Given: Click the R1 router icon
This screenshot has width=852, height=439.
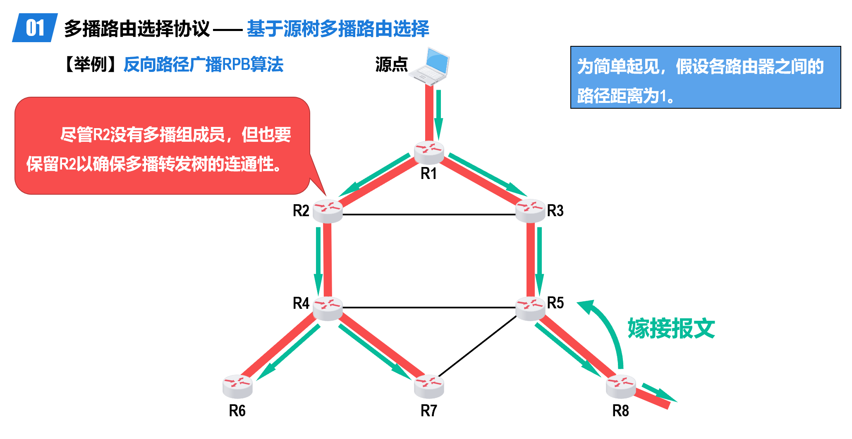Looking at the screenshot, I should (429, 152).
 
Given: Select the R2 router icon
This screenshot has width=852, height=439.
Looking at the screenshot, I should (328, 211).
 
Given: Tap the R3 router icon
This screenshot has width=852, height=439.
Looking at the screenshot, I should (530, 210).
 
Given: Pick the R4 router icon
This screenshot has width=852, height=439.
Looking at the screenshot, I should (328, 308).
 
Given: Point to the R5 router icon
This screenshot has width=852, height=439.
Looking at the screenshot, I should (530, 308).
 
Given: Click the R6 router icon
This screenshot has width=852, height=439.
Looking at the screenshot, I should (237, 386).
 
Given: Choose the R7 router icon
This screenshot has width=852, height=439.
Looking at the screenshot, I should (429, 386).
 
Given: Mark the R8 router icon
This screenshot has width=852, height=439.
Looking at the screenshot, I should (620, 386).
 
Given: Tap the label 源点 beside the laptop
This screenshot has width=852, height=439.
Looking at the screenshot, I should (391, 64).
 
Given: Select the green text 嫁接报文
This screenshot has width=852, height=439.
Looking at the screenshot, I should (671, 329).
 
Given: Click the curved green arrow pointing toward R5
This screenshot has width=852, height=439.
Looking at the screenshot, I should (608, 327).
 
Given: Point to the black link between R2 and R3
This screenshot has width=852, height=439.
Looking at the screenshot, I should (429, 215).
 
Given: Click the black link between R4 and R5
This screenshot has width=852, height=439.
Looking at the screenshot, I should (429, 308).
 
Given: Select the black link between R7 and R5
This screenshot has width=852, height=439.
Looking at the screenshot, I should (478, 346).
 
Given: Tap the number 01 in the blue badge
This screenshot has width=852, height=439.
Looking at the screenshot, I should (35, 28).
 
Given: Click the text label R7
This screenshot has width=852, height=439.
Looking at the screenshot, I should (429, 411).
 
